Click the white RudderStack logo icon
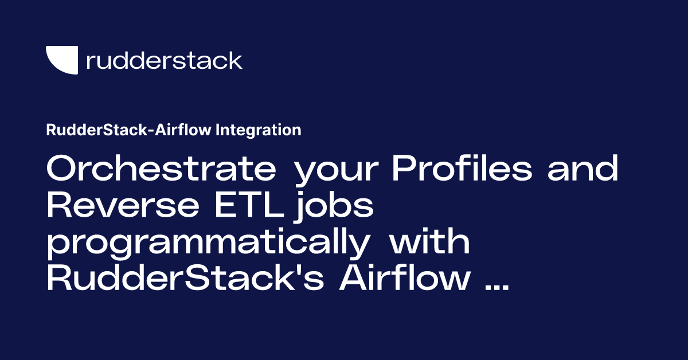click(x=61, y=60)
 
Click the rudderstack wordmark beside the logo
click(x=163, y=60)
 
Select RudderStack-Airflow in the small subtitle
click(x=130, y=130)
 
